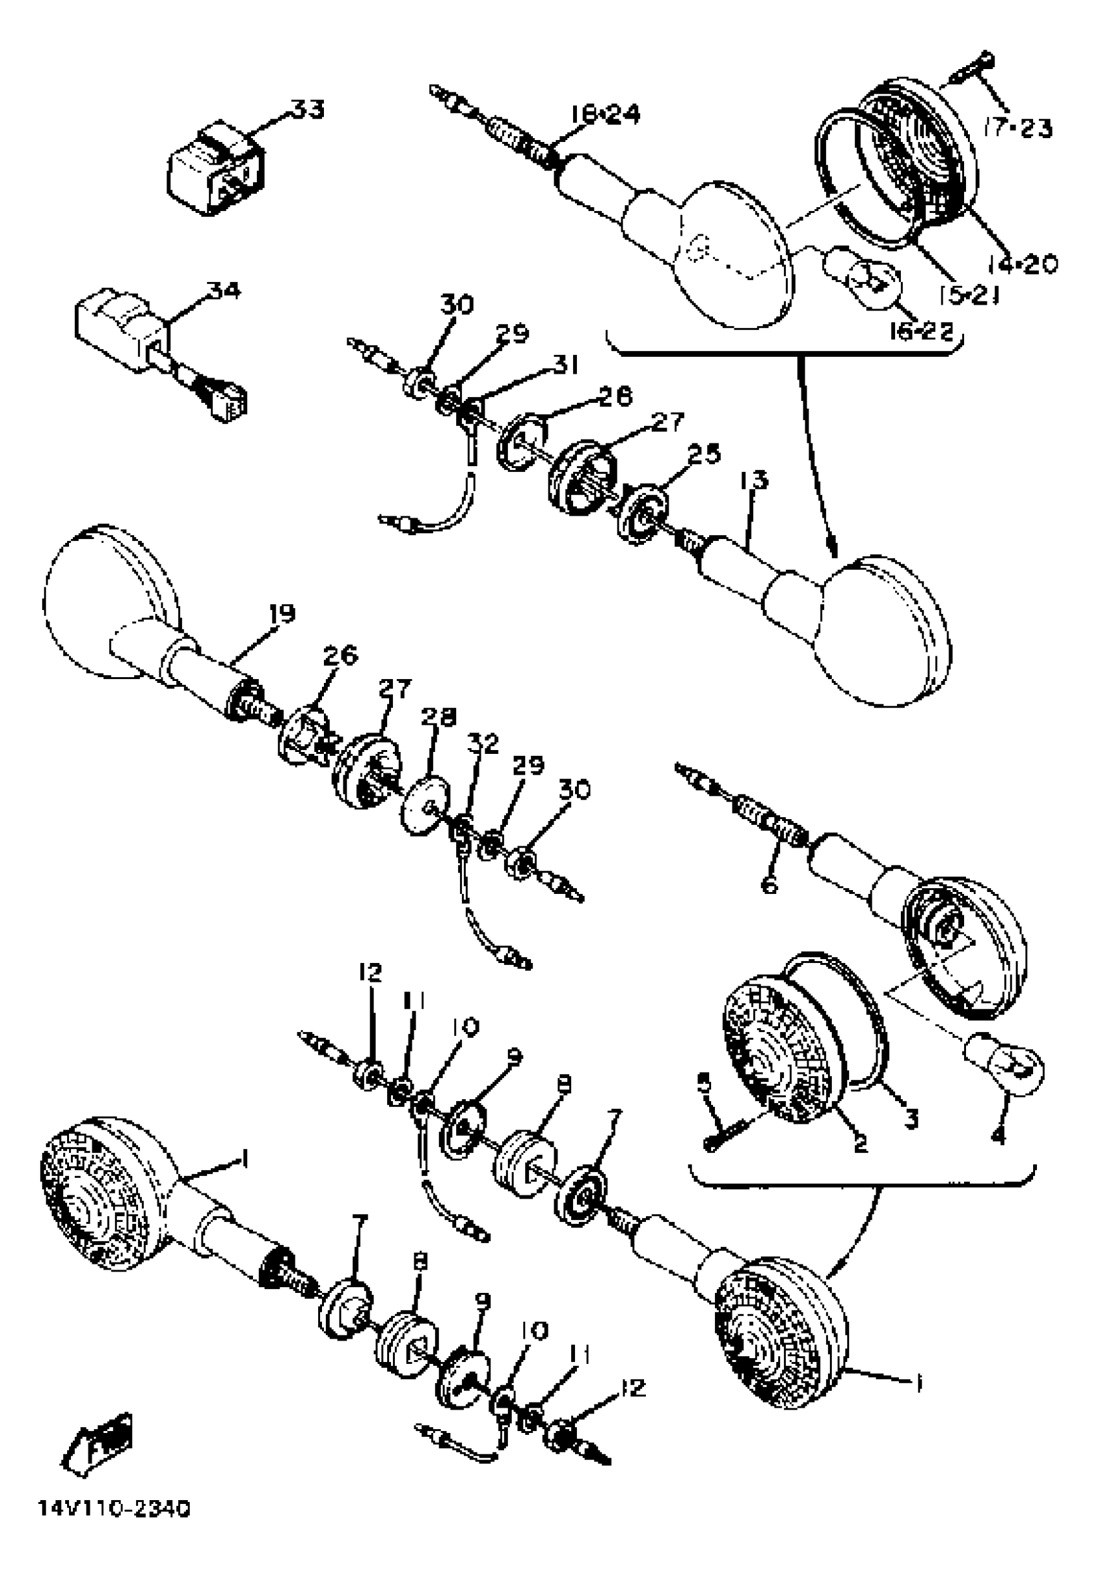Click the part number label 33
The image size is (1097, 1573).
(306, 110)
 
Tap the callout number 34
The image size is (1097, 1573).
(223, 291)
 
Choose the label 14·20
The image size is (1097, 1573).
(1022, 264)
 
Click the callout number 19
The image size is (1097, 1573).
(281, 613)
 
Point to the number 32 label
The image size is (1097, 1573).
(483, 744)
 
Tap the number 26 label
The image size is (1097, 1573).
(339, 656)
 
